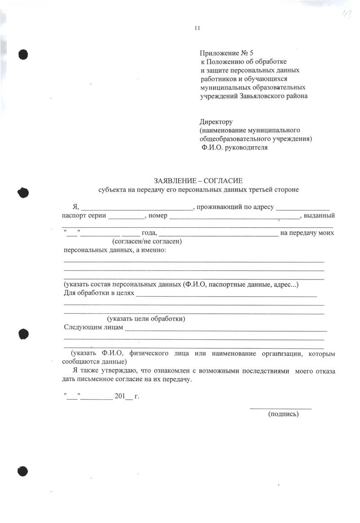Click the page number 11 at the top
pos(197,29)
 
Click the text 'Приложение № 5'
pos(230,54)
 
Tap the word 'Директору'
pos(216,122)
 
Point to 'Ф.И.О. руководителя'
pos(234,147)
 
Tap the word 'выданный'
pos(319,216)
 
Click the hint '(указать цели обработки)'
pos(146,319)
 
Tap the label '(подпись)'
pos(283,414)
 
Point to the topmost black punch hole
pos(23,54)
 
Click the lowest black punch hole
pos(23,471)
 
